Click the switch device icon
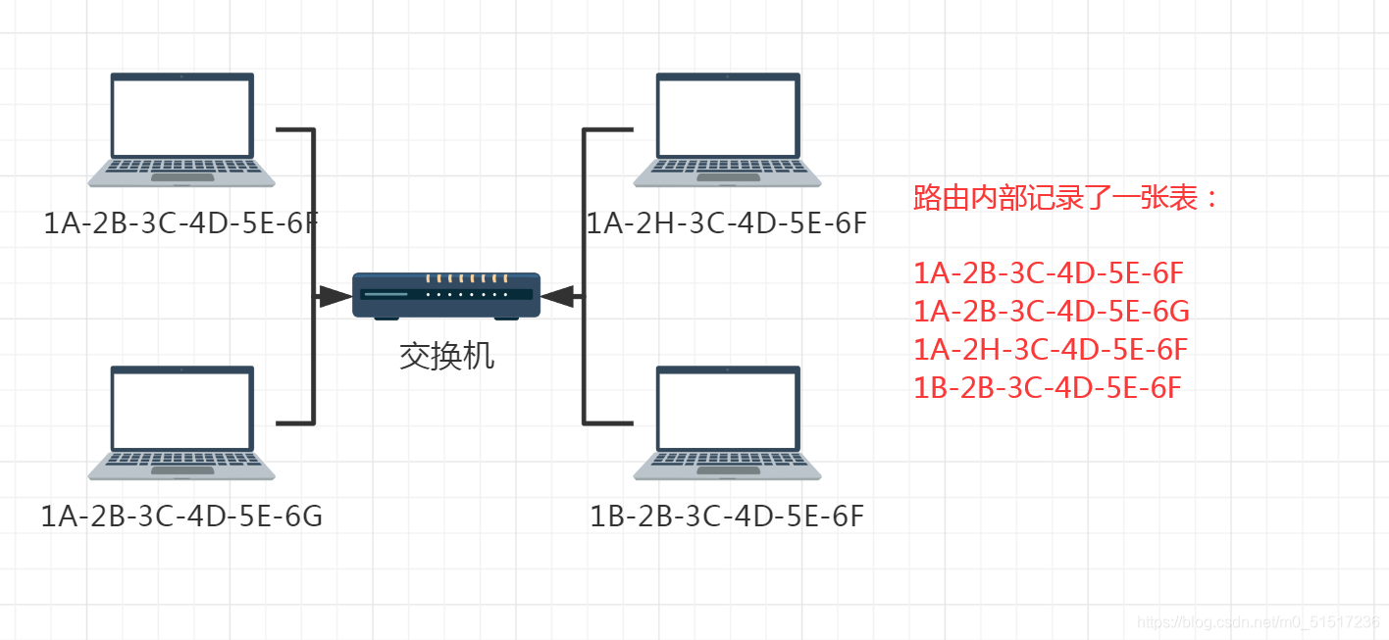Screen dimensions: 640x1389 click(446, 295)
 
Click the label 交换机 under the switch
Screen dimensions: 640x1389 click(446, 356)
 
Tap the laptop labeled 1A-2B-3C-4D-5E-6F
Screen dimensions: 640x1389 click(181, 128)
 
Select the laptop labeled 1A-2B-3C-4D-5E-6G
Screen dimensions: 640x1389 click(181, 422)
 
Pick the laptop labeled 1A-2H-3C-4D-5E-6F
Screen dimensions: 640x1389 click(727, 128)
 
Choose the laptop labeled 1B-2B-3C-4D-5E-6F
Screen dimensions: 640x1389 click(727, 422)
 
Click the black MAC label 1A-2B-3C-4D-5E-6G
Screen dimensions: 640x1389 click(181, 516)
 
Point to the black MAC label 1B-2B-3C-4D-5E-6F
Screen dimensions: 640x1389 click(727, 516)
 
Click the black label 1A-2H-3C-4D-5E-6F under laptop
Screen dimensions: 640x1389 click(727, 223)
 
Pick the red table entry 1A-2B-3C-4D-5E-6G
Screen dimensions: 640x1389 click(1051, 311)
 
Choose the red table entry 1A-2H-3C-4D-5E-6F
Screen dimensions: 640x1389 click(1051, 349)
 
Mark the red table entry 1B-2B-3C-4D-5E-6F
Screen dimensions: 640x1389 click(1047, 387)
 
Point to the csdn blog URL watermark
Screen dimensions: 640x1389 click(1258, 622)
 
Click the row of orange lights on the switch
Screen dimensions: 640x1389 click(466, 279)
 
